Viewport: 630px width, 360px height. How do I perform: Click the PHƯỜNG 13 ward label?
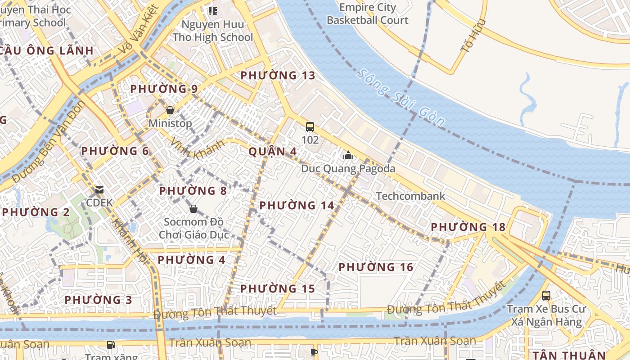click(278, 75)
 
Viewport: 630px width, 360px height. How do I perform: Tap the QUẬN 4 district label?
click(266, 151)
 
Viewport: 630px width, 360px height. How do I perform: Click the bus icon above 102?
click(310, 127)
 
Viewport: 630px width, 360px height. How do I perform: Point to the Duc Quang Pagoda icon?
click(348, 156)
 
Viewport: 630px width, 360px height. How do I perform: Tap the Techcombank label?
click(410, 196)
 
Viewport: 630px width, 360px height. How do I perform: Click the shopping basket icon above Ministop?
click(170, 110)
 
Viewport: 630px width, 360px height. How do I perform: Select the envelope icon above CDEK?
click(99, 190)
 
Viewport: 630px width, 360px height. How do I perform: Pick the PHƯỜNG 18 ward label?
click(468, 227)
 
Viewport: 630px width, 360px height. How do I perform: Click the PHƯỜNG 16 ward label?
click(376, 267)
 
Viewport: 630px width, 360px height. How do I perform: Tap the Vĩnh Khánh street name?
click(197, 149)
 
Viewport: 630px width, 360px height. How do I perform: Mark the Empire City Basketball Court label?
click(368, 13)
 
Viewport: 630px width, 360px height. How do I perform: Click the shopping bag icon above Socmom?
click(193, 209)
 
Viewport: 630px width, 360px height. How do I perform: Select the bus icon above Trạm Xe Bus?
click(546, 296)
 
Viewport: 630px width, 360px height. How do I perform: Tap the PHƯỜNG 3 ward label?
click(99, 300)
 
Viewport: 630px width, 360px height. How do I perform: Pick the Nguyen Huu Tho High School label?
click(213, 31)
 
